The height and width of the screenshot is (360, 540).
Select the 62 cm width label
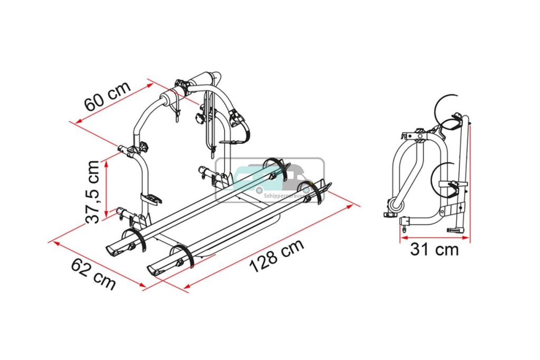[x=93, y=273]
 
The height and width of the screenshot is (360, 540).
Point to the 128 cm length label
[x=276, y=256]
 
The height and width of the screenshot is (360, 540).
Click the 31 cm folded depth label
[x=435, y=249]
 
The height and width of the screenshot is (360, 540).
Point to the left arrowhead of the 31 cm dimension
[x=402, y=238]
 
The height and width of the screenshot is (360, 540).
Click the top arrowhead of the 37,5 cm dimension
[x=107, y=163]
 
